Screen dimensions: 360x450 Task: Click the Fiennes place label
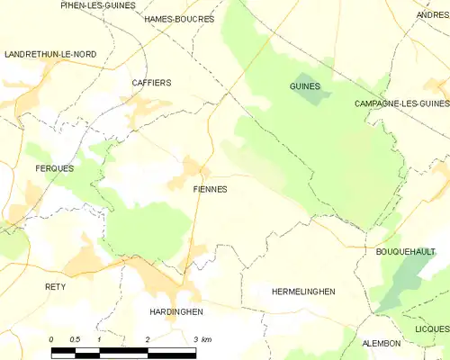(210, 190)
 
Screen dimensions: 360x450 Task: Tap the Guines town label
(305, 86)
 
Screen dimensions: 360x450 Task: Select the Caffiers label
(151, 83)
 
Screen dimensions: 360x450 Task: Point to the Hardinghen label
(175, 311)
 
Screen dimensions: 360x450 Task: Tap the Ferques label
(54, 168)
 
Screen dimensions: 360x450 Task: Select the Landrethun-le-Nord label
(50, 55)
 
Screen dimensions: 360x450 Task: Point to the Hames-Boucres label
(179, 19)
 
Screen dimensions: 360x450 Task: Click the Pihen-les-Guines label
(97, 5)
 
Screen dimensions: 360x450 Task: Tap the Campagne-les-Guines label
(401, 104)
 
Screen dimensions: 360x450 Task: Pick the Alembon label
(381, 344)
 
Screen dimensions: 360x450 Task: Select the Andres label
(433, 15)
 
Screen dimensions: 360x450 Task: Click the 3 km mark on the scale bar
(203, 339)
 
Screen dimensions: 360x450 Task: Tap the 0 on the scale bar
(51, 339)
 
